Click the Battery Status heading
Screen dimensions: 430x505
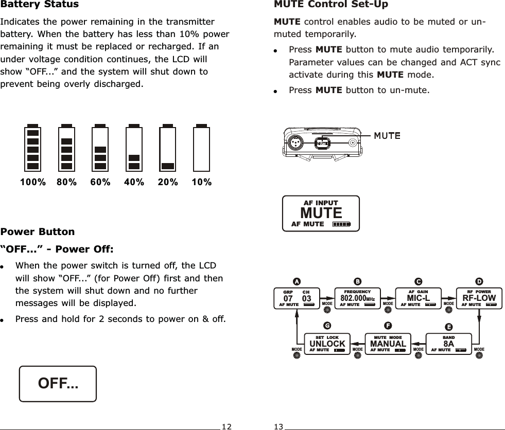(40, 5)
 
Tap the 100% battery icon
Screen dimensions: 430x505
(33, 149)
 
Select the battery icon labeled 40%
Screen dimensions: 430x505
(134, 149)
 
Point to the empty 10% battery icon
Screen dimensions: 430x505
(201, 149)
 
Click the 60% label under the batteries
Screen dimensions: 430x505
(100, 182)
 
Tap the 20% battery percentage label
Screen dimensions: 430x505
(168, 182)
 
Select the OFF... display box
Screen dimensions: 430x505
(58, 384)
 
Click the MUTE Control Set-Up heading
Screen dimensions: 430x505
(331, 5)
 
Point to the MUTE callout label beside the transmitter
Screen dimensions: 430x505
(387, 136)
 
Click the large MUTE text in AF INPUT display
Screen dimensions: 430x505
(321, 213)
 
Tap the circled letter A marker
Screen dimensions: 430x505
(296, 281)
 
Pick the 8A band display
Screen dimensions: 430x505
(448, 344)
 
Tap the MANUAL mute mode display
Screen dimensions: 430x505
(388, 344)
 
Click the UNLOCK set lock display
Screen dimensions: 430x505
(327, 344)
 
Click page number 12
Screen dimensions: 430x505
(227, 426)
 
